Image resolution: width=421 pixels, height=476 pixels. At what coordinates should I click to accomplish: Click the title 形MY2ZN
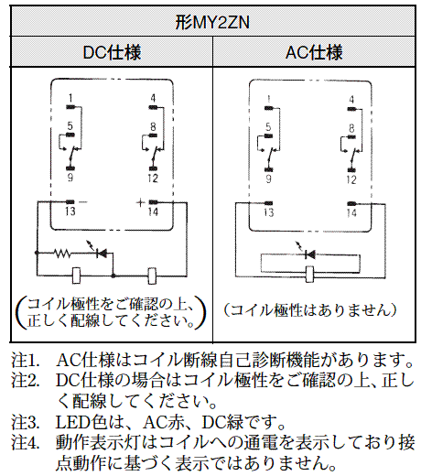click(212, 23)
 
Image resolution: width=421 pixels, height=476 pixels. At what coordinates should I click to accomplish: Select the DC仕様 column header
click(112, 52)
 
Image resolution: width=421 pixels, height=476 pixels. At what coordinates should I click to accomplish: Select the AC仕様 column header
click(314, 52)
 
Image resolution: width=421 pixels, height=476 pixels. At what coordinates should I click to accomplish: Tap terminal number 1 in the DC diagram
click(70, 98)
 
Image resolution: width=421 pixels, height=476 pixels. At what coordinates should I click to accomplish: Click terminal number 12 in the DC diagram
click(153, 178)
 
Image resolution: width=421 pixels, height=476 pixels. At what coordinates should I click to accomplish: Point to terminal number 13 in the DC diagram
click(70, 211)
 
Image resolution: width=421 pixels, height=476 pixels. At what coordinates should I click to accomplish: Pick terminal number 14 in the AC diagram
click(351, 212)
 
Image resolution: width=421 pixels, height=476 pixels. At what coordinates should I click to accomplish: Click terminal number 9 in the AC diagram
click(268, 179)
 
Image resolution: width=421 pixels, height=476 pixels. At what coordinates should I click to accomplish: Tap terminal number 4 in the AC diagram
click(351, 100)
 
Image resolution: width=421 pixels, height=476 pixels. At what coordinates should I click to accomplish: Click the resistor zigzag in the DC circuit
click(62, 253)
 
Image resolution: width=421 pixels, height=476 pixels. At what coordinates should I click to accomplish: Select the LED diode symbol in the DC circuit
click(101, 253)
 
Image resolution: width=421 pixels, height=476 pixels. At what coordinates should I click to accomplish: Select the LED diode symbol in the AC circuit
click(309, 254)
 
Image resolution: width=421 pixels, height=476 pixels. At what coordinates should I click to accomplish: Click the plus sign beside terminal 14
click(140, 202)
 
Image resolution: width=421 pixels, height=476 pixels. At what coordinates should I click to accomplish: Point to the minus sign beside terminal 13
click(83, 202)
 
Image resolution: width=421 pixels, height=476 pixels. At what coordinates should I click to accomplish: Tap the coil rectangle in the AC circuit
click(309, 274)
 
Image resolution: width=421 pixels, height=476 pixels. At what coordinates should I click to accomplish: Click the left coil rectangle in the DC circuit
click(76, 276)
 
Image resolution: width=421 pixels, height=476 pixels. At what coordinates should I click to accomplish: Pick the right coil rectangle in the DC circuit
click(152, 276)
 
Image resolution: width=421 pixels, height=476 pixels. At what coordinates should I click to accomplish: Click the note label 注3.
click(26, 422)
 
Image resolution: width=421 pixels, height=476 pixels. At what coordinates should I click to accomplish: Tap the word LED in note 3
click(73, 422)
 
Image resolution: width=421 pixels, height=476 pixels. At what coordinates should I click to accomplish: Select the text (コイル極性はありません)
click(310, 310)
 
